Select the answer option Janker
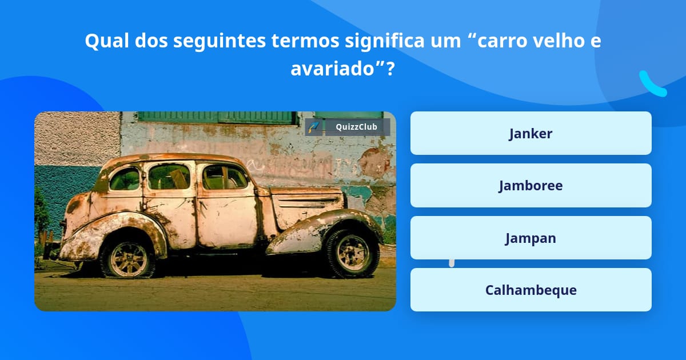tap(531, 134)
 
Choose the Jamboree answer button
tap(531, 186)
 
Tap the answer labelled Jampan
tap(531, 238)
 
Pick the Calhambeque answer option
tap(531, 290)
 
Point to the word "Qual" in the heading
tap(108, 41)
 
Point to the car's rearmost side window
tap(125, 179)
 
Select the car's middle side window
tap(169, 177)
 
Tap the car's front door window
tap(225, 177)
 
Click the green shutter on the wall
tap(217, 117)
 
